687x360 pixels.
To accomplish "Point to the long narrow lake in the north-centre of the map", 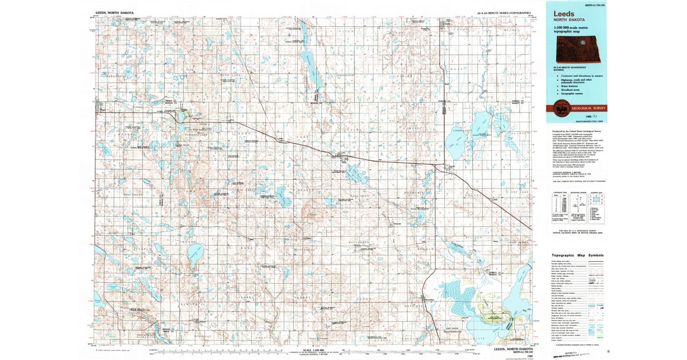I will pyautogui.click(x=312, y=71).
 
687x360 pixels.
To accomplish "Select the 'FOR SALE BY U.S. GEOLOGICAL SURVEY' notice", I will pyautogui.click(x=575, y=230).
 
